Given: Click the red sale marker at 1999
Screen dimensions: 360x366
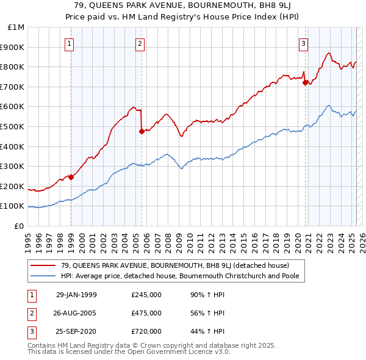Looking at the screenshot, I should point(71,177).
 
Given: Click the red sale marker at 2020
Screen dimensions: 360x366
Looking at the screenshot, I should point(305,83).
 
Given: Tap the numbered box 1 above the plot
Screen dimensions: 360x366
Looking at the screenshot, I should point(70,43).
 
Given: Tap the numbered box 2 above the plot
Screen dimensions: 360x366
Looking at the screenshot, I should point(140,43).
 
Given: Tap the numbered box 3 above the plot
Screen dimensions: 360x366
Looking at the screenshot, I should point(303,43).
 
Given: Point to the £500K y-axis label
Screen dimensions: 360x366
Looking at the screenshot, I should point(13,126).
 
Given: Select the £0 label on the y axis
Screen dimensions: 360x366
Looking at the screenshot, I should point(19,226).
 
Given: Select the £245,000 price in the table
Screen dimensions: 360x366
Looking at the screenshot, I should point(146,295).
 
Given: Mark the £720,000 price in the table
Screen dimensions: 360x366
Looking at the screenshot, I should point(146,331).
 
